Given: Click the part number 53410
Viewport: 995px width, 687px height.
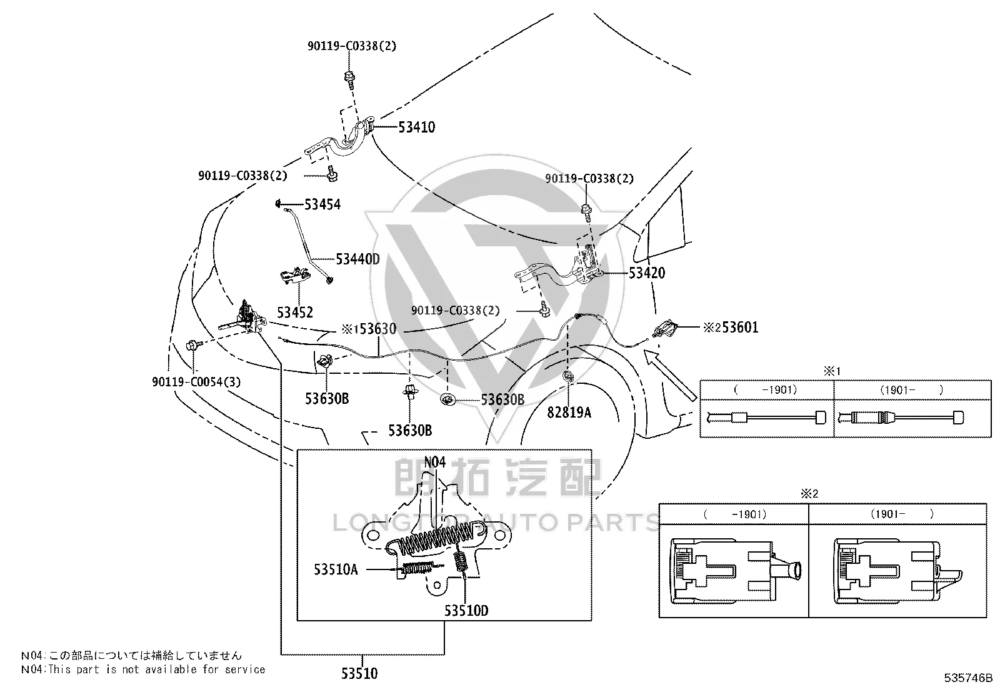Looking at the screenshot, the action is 416,127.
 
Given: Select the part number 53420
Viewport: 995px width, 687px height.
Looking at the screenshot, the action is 647,273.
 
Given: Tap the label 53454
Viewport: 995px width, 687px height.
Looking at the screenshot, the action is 322,204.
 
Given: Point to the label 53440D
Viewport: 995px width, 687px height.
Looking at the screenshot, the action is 357,259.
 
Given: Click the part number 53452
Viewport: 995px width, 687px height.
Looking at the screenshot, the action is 295,313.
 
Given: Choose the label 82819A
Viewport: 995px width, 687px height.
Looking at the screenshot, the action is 569,413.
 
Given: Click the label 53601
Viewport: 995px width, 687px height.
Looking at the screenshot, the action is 740,328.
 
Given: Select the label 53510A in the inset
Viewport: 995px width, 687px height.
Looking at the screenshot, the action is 336,569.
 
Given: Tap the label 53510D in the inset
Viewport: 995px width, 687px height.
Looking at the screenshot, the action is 466,611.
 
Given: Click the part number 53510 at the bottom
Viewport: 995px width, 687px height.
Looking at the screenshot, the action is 359,674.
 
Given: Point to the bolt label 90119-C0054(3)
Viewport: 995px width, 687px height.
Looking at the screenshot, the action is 196,382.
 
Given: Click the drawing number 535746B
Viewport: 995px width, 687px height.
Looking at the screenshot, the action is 968,678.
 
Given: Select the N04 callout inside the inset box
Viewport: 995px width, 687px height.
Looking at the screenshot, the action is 434,462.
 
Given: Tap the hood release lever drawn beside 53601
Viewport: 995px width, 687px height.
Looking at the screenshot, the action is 665,328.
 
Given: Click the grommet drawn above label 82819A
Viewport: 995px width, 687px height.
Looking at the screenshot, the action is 568,377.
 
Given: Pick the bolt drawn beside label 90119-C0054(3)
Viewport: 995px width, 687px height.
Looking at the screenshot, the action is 194,344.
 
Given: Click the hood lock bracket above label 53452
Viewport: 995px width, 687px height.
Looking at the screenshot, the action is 294,276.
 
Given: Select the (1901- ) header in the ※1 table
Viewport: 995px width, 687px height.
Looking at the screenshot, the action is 911,389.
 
